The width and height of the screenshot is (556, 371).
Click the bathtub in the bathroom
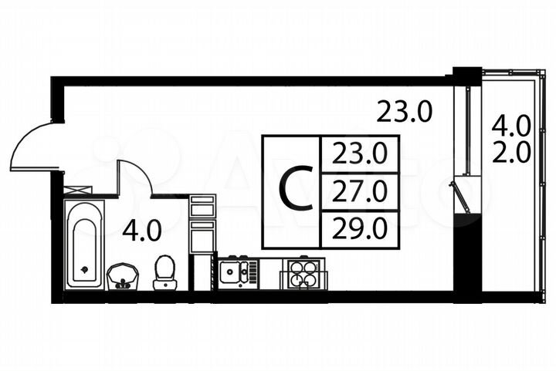coord(83,244)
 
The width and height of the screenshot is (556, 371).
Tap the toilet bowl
coord(164,272)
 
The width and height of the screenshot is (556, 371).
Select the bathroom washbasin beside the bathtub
coord(123,275)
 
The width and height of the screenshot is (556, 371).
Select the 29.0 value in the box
coord(358,228)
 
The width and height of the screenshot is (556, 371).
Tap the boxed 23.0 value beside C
coord(358,155)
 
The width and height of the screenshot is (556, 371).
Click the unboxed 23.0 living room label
coord(404,113)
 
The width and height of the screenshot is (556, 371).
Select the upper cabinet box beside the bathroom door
coord(202,206)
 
